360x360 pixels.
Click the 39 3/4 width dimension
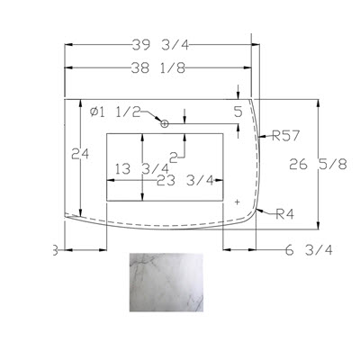tap(160, 45)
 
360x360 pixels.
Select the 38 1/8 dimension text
tap(158, 68)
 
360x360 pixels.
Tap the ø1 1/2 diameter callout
tap(115, 112)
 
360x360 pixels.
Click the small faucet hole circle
tap(164, 123)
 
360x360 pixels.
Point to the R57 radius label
tap(285, 136)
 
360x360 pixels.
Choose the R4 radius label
tap(285, 214)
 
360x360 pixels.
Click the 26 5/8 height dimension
tap(318, 165)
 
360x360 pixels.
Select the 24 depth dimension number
tap(80, 154)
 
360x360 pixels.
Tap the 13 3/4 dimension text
tap(142, 169)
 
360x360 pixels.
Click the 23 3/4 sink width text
tap(185, 181)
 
